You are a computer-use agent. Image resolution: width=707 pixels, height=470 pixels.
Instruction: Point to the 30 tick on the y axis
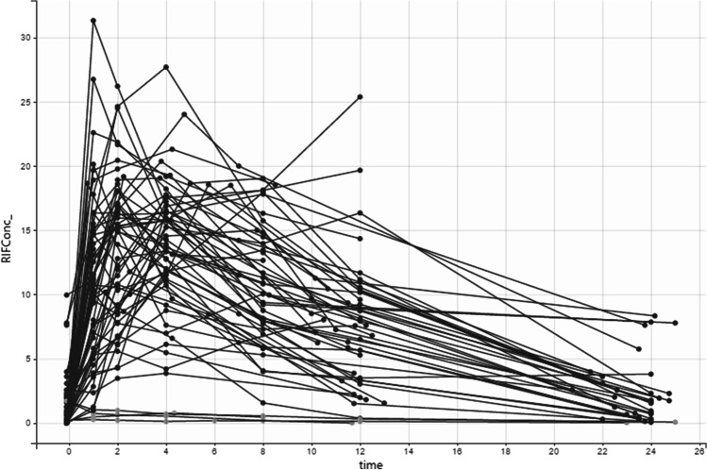tap(40, 38)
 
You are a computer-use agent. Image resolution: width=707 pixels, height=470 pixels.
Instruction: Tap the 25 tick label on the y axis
tap(40, 102)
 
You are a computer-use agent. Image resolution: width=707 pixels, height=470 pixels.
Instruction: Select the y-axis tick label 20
tap(40, 166)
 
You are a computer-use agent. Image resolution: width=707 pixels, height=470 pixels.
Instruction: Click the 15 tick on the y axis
tap(40, 230)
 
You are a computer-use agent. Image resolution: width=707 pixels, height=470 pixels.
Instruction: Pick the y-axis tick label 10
tap(40, 294)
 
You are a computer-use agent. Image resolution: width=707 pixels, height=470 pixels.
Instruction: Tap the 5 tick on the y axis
tap(42, 359)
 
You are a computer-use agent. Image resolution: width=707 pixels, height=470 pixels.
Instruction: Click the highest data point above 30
tap(93, 20)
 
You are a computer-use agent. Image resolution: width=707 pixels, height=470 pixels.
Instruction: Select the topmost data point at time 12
tap(360, 97)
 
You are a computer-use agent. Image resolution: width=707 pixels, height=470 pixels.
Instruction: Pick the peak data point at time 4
tap(166, 67)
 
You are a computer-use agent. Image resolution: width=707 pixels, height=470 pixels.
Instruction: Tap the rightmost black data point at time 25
tap(676, 323)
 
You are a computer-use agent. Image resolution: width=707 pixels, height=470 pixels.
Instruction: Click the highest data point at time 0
tap(67, 295)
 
